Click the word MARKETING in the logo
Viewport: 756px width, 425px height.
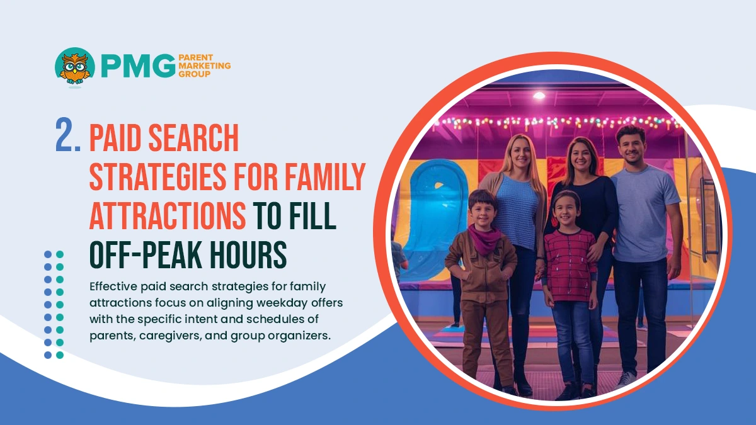(x=204, y=65)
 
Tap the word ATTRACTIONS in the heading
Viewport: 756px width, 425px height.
(x=168, y=215)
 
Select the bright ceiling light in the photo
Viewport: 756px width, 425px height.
(x=539, y=96)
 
